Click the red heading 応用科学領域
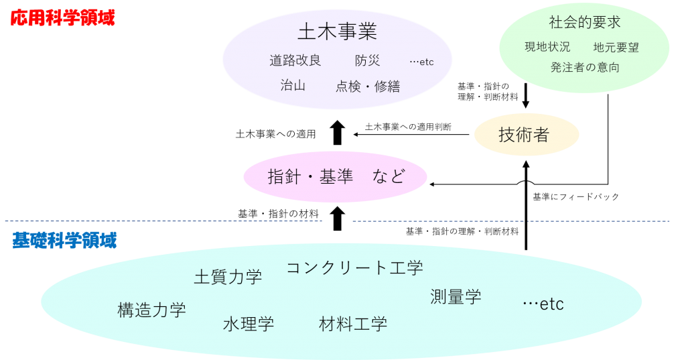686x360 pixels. (x=62, y=18)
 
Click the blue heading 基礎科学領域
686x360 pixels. (x=64, y=240)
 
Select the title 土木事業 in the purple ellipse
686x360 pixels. (x=337, y=32)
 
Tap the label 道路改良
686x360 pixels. (x=295, y=60)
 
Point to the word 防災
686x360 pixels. (x=367, y=60)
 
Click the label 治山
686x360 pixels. (x=293, y=85)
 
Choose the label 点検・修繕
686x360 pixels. (x=367, y=86)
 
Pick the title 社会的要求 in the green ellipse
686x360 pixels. (x=584, y=22)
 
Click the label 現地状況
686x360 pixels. (x=547, y=47)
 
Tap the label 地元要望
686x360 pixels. (x=616, y=47)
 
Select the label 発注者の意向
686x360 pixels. (x=584, y=67)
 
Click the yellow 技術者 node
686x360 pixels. (x=525, y=135)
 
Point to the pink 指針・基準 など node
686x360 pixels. (x=336, y=176)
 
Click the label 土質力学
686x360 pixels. (x=228, y=276)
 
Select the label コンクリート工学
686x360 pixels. (x=354, y=267)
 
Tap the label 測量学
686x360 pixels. (x=456, y=296)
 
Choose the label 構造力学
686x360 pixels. (x=151, y=310)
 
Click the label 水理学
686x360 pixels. (x=249, y=324)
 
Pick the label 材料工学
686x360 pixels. (x=353, y=324)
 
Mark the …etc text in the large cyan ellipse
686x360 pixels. (x=543, y=304)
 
